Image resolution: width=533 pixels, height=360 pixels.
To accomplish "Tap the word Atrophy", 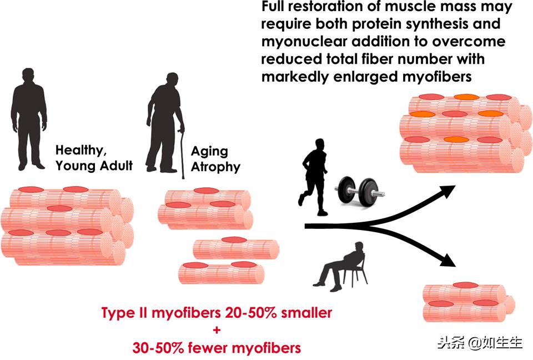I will coord(216,167).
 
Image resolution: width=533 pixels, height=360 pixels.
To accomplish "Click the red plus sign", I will coord(217,331).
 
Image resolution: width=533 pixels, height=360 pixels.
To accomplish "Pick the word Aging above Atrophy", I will coord(209,152).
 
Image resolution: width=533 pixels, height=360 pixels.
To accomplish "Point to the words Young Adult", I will coord(94,166).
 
